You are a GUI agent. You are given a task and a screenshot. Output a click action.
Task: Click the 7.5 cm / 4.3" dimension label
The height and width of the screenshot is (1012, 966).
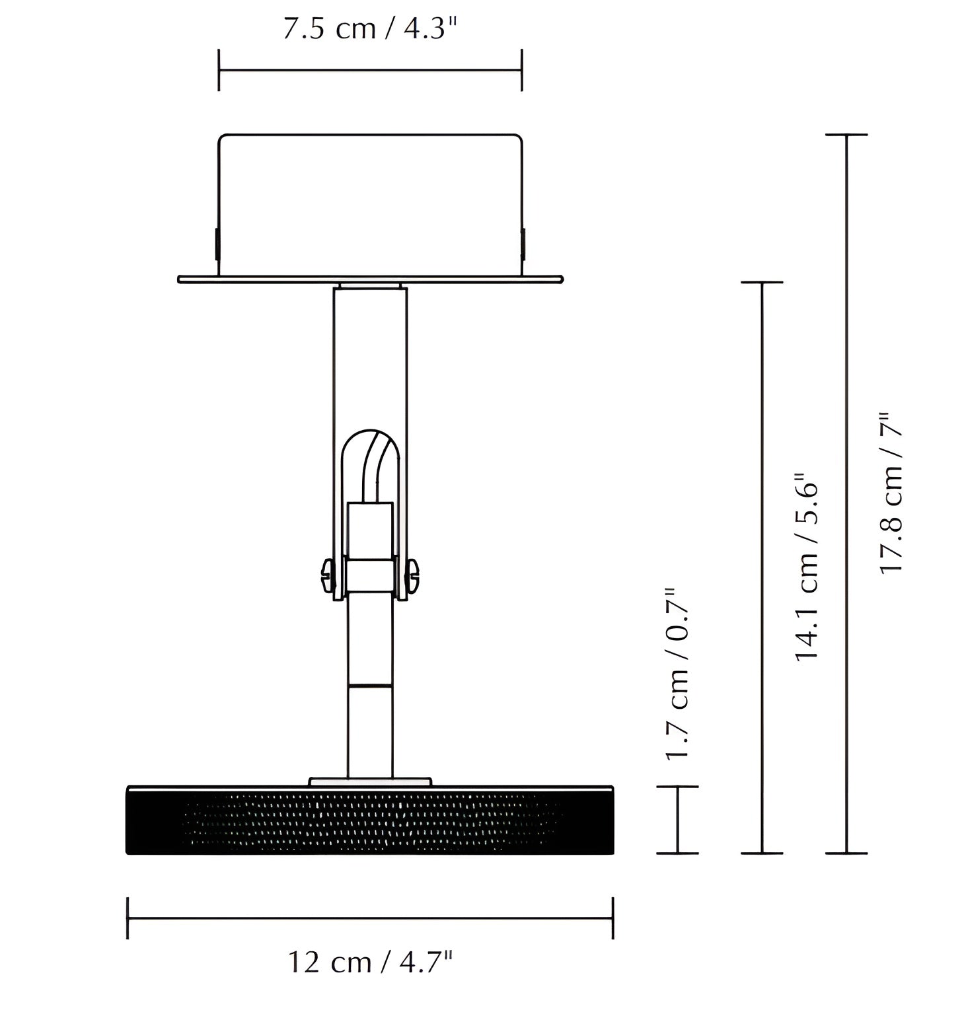click(370, 30)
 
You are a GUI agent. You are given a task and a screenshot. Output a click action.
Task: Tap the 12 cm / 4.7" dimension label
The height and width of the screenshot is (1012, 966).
click(371, 962)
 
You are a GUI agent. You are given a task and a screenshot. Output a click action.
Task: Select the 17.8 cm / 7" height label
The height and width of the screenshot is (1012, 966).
click(890, 493)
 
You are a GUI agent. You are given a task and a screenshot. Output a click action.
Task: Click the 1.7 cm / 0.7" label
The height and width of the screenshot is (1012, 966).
click(677, 674)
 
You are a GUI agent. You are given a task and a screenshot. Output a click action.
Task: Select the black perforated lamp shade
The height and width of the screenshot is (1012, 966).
click(370, 820)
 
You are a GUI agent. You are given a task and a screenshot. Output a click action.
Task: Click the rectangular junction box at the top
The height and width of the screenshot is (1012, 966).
click(370, 205)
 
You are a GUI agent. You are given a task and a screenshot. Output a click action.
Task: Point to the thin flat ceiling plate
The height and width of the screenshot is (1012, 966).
click(371, 279)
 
